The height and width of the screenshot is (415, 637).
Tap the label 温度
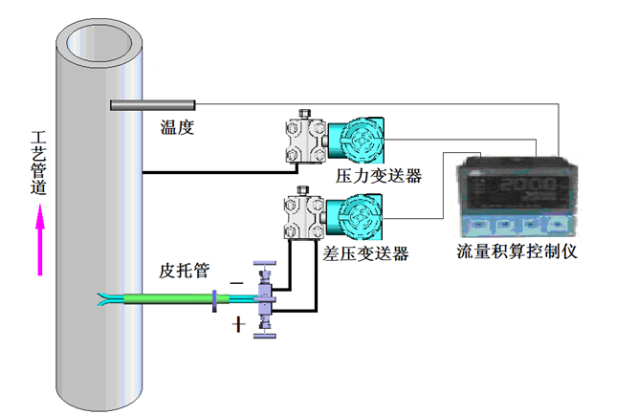tap(177, 126)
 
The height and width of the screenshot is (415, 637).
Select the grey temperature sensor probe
tap(153, 104)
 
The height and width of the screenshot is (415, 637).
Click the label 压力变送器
tap(379, 177)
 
